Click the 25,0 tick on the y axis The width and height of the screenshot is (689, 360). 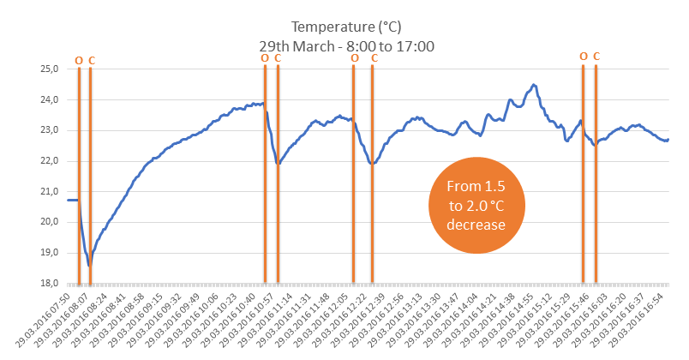point(51,69)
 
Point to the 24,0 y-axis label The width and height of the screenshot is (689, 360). point(51,99)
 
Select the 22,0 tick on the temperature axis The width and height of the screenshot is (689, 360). point(51,161)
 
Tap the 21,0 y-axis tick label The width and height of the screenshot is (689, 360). point(51,191)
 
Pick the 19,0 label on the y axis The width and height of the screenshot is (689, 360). point(51,253)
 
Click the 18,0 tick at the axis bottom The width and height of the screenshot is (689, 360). point(51,284)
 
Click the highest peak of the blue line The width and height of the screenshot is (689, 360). point(535,85)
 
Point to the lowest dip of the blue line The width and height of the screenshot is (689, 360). point(88,265)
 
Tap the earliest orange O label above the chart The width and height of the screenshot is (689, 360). point(79,60)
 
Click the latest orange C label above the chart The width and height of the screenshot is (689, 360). point(596,57)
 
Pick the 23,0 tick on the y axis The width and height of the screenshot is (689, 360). point(51,130)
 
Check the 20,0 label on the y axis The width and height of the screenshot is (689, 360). point(51,222)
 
